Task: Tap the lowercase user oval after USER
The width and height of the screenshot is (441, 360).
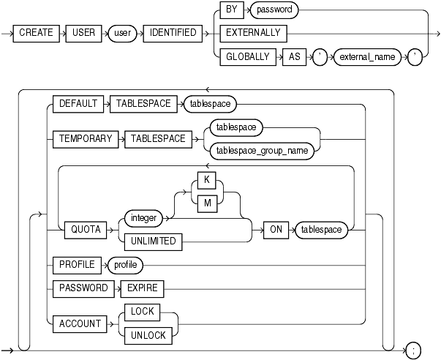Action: pos(124,33)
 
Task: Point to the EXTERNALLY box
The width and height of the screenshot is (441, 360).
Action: pos(252,33)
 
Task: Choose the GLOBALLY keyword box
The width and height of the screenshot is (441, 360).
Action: pos(247,56)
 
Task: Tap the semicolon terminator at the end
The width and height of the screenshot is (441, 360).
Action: pos(413,350)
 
